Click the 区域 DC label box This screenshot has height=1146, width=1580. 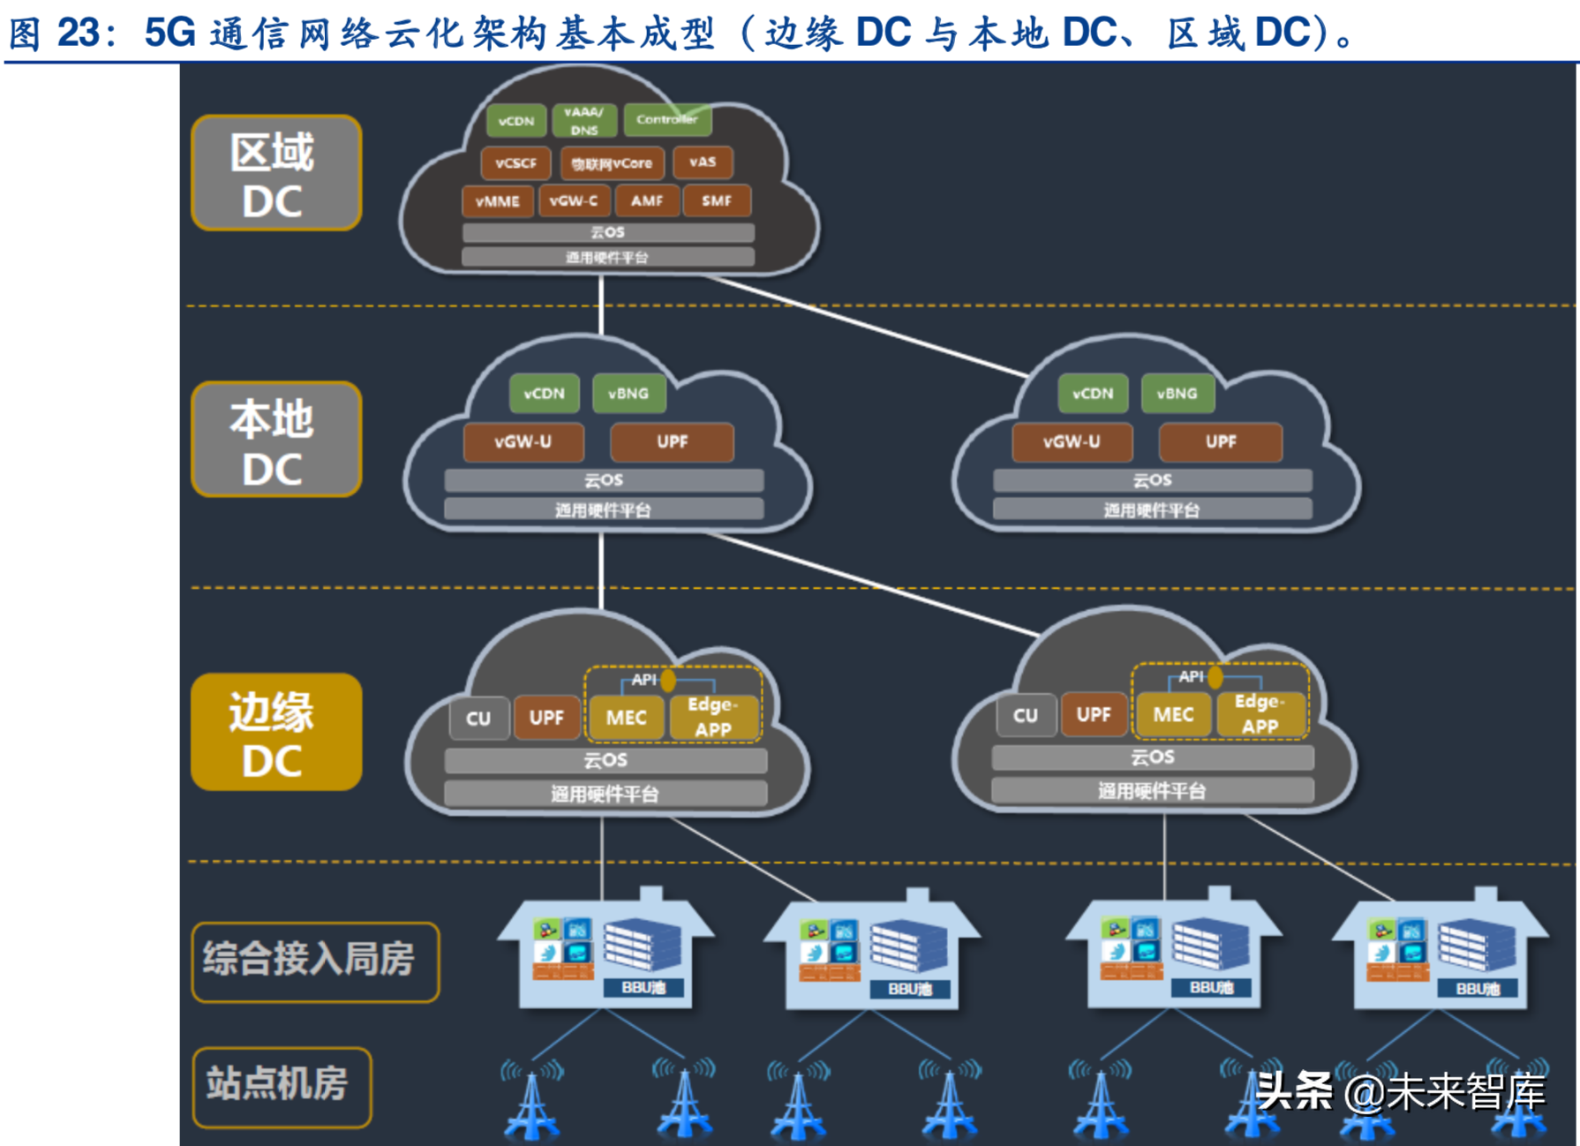pos(275,174)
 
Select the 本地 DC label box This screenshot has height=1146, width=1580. pos(275,441)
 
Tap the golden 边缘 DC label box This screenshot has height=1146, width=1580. pos(275,733)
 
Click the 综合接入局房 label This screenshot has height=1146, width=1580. pos(314,961)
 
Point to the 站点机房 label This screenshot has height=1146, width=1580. pos(281,1085)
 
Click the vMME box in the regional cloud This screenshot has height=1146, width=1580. pos(497,201)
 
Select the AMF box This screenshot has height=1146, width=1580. pos(646,201)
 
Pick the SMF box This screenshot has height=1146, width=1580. pos(716,201)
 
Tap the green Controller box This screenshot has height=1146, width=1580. pos(666,119)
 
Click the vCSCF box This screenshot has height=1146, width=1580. pos(515,163)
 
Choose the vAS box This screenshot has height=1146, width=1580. pos(702,162)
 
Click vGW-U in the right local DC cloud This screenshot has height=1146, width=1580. pos(1071,441)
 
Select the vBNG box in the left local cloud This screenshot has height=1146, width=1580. pos(628,394)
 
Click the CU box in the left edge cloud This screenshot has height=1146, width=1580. pos(478,719)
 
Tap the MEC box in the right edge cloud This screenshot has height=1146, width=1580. pos(1172,715)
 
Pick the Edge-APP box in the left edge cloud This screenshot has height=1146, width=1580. pos(712,717)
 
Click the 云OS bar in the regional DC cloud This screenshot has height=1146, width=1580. pos(607,232)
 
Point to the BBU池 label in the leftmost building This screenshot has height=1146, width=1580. pos(643,987)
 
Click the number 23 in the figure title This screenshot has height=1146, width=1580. pos(78,33)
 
